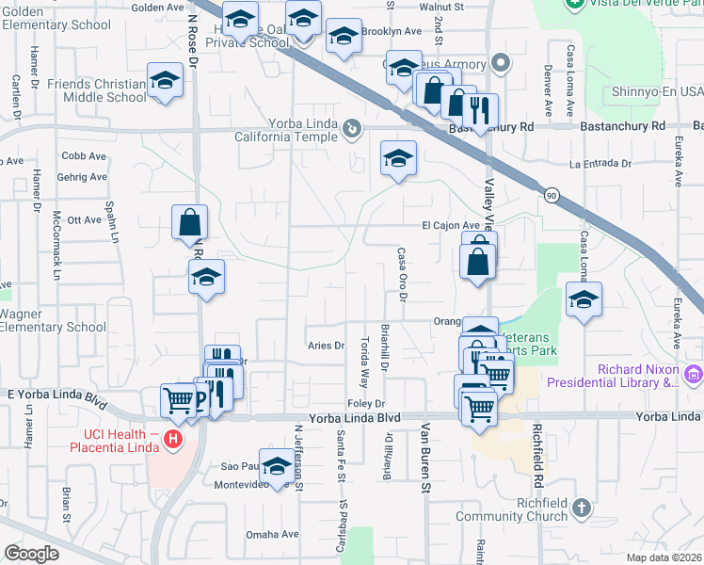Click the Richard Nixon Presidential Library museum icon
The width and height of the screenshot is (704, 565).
pyautogui.click(x=694, y=375)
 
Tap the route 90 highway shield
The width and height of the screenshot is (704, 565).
pyautogui.click(x=549, y=195)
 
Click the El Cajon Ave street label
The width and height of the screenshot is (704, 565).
pyautogui.click(x=451, y=226)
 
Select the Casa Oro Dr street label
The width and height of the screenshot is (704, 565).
pyautogui.click(x=402, y=274)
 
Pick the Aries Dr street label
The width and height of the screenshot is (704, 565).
pyautogui.click(x=327, y=346)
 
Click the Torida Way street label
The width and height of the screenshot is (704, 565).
pyautogui.click(x=364, y=363)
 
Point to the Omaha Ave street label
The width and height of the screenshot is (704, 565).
pyautogui.click(x=272, y=534)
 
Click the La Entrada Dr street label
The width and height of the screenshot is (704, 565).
pyautogui.click(x=600, y=164)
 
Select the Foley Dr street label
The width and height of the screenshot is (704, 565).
pyautogui.click(x=367, y=403)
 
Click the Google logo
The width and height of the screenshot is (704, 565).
pyautogui.click(x=32, y=553)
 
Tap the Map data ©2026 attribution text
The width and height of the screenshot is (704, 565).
pyautogui.click(x=664, y=557)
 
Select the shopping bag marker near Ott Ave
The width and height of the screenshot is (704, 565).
pyautogui.click(x=189, y=223)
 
